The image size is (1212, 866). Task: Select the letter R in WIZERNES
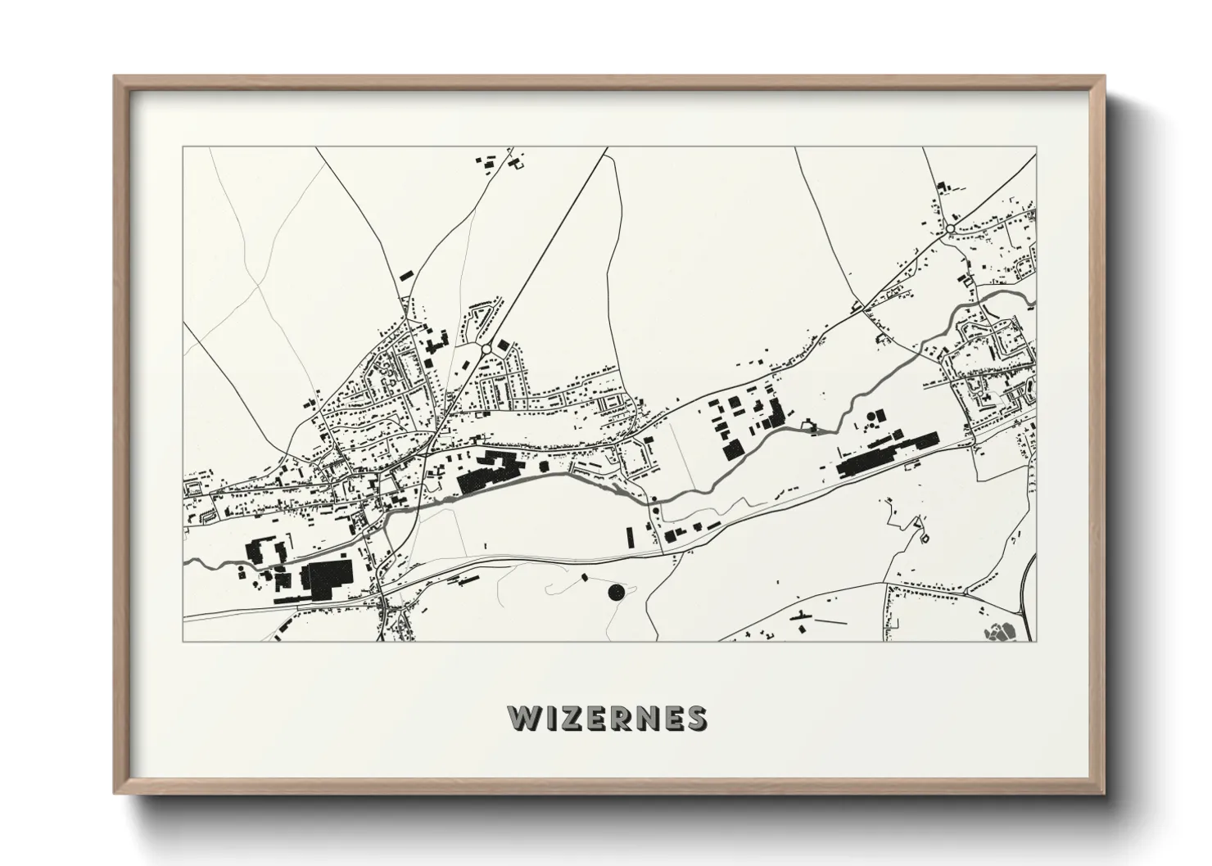pyautogui.click(x=621, y=718)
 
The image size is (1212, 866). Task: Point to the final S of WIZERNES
pyautogui.click(x=696, y=718)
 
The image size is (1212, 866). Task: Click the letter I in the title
pyautogui.click(x=550, y=718)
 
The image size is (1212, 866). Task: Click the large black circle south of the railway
pyautogui.click(x=615, y=591)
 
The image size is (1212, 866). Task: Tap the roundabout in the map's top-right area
pyautogui.click(x=951, y=230)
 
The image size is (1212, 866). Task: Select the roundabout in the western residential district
pyautogui.click(x=486, y=350)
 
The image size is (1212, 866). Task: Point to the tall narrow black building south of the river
pyautogui.click(x=630, y=537)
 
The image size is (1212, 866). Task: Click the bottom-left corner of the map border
pyautogui.click(x=183, y=641)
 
